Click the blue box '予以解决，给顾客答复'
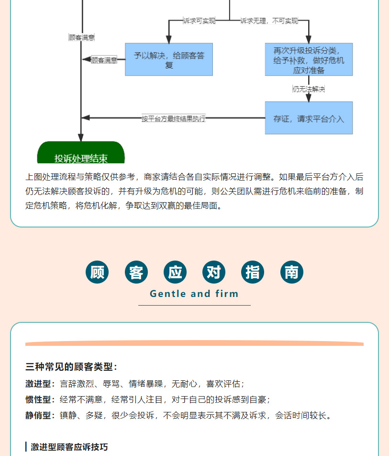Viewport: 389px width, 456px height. [x=169, y=59]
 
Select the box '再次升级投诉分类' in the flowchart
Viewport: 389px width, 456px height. [x=309, y=59]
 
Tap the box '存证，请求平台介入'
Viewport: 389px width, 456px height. [x=309, y=118]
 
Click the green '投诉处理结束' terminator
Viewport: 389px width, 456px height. [x=81, y=152]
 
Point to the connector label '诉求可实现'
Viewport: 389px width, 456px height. [x=200, y=21]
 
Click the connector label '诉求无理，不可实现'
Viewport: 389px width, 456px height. [x=269, y=21]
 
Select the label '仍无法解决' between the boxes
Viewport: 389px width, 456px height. [x=309, y=89]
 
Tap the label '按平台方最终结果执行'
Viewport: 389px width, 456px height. [x=174, y=118]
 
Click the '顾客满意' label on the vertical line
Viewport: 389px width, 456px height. [x=82, y=37]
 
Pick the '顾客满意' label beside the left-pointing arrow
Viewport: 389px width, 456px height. [x=104, y=60]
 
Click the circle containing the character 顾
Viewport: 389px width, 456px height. [x=97, y=272]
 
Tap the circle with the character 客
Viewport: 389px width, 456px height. [x=136, y=272]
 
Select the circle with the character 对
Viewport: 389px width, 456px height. [x=214, y=272]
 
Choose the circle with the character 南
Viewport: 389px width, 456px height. [x=292, y=272]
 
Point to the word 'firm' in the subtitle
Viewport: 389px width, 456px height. [x=227, y=294]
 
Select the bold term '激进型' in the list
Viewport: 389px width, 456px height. [x=38, y=384]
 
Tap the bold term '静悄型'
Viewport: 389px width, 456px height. [x=38, y=415]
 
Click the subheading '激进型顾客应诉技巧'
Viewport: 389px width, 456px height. [x=69, y=447]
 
